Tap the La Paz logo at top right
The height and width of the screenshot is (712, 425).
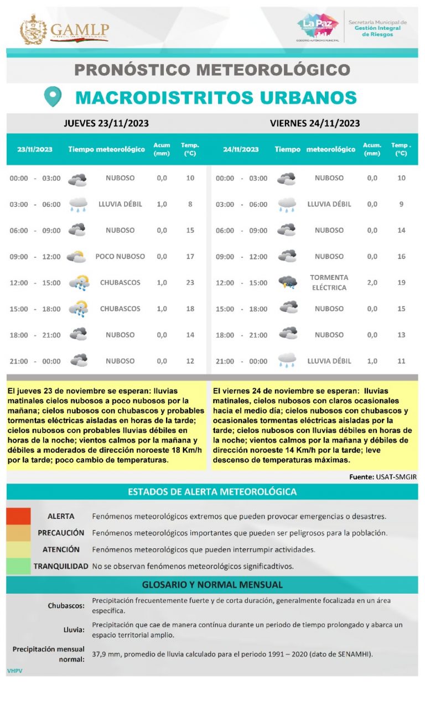click(318, 27)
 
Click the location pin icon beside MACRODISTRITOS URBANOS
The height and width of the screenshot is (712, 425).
click(52, 97)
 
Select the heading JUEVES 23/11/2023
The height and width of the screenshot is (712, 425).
click(106, 123)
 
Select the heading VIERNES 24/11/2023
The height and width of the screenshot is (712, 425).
click(315, 123)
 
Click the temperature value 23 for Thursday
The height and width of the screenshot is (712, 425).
click(190, 283)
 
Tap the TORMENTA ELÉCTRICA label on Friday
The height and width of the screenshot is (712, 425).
click(329, 283)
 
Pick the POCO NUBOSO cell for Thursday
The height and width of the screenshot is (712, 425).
click(120, 257)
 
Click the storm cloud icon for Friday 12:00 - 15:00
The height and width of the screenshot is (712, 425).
click(287, 283)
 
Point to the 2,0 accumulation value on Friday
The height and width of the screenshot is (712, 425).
click(372, 283)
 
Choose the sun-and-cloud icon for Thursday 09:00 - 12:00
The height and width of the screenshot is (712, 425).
click(76, 257)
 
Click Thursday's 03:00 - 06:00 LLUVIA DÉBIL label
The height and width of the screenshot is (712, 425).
click(120, 204)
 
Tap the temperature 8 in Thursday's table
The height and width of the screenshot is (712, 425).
click(190, 204)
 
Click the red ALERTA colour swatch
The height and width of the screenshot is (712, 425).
click(18, 516)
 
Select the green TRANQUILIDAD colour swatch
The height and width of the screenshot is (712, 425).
click(18, 566)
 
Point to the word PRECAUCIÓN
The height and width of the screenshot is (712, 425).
click(61, 533)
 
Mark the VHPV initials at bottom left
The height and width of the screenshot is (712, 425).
click(15, 671)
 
